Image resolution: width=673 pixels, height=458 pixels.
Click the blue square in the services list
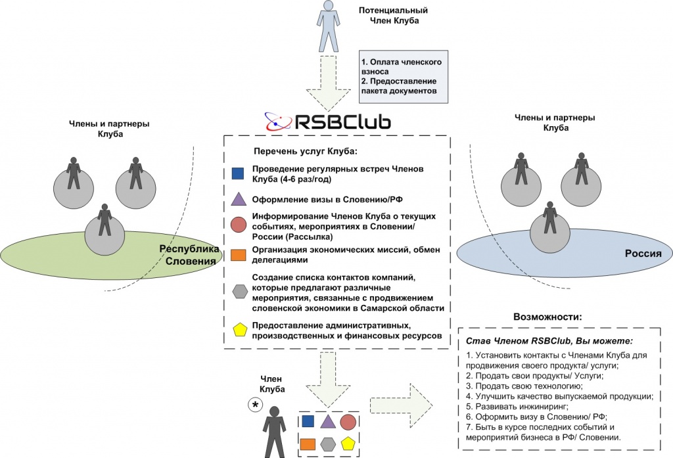coord(239,173)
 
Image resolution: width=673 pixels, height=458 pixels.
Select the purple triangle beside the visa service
coord(239,198)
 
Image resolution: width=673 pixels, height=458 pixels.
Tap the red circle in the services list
coord(239,223)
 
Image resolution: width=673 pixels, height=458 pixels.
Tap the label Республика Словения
coord(189,256)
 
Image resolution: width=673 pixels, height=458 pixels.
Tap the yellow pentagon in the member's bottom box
coord(348,444)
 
